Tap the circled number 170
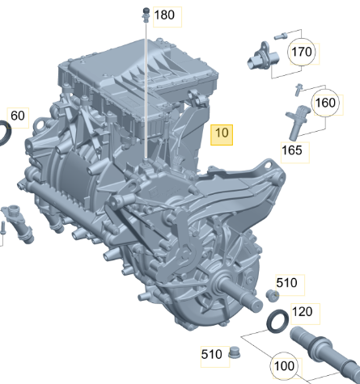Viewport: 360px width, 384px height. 302,52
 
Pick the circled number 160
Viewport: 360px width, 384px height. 325,103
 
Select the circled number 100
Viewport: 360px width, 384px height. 284,365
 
